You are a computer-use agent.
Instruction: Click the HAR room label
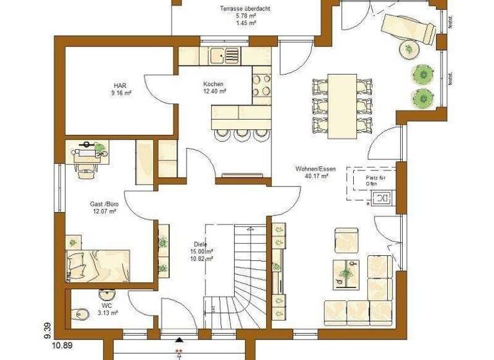coord(119,85)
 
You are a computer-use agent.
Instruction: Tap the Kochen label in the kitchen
coord(214,85)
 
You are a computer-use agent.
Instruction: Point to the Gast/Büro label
coord(103,205)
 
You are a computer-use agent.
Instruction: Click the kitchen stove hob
coord(262,85)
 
